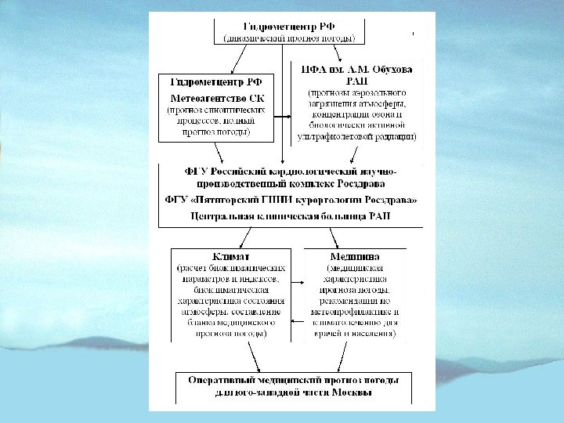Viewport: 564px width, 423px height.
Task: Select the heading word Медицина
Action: [x=355, y=256]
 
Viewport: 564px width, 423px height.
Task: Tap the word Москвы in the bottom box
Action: [x=348, y=392]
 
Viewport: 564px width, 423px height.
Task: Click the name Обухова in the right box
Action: [x=390, y=69]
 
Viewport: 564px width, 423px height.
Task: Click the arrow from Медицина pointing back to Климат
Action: [x=296, y=321]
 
